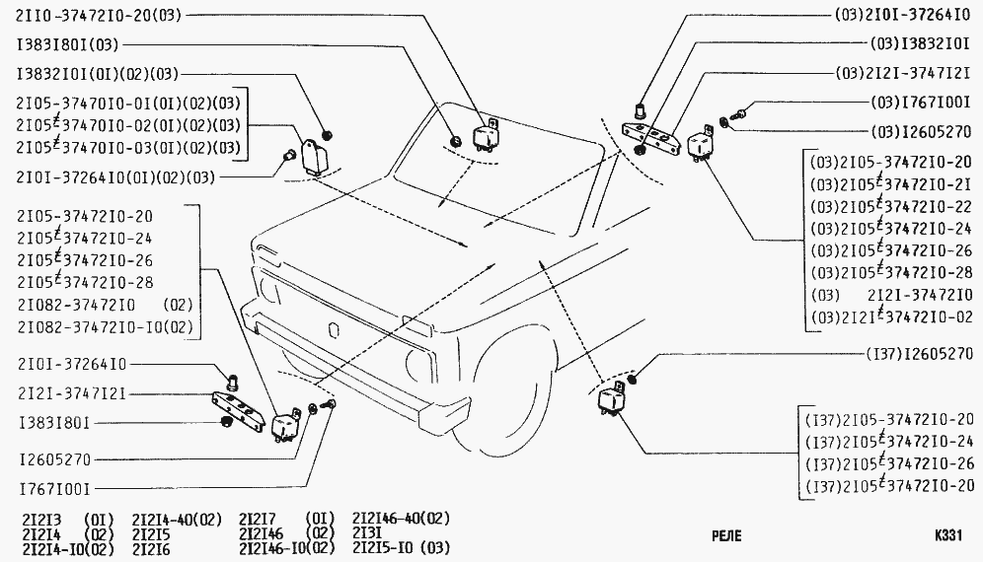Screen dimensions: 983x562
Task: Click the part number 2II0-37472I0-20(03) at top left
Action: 99,15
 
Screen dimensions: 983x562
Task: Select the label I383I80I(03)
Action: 68,44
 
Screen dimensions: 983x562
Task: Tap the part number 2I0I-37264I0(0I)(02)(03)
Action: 116,177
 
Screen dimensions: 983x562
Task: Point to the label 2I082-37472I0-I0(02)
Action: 106,327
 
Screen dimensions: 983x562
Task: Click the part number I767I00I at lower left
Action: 55,489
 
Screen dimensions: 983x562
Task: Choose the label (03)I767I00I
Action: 921,102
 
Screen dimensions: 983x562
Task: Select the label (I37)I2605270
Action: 919,355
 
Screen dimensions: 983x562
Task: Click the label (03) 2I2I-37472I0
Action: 891,295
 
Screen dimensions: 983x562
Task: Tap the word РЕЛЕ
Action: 726,536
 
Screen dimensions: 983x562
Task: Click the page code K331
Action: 947,535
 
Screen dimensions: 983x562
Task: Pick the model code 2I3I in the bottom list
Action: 367,533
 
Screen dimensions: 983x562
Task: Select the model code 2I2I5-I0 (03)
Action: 402,548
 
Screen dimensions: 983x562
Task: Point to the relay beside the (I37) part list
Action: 611,401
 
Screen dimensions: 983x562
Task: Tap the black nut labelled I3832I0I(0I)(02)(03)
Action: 326,135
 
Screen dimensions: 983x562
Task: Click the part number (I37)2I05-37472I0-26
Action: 890,463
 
